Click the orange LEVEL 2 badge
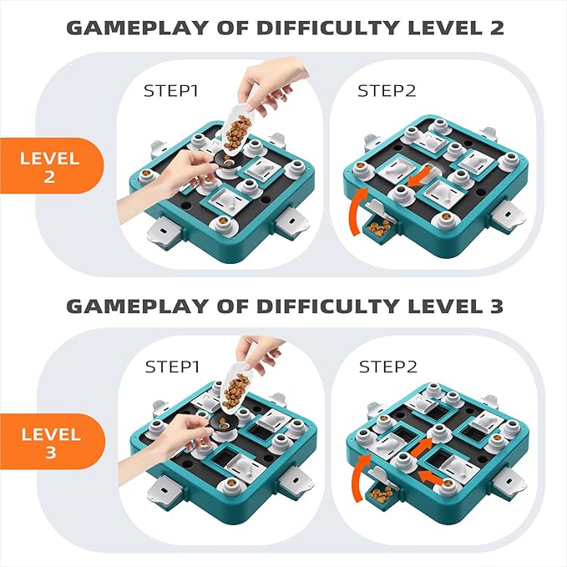[x=51, y=165]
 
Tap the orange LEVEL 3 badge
[x=51, y=442]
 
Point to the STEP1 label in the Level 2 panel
[x=171, y=91]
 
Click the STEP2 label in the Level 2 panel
[x=387, y=91]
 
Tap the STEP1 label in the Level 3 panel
[x=172, y=367]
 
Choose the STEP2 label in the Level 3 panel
[x=388, y=367]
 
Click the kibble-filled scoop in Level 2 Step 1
[x=236, y=129]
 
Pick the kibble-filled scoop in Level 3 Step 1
[x=235, y=391]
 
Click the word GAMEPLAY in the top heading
[x=138, y=28]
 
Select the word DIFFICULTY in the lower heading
[x=327, y=306]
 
